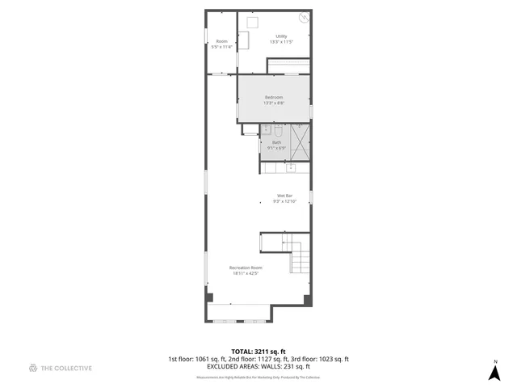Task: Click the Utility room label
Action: pyautogui.click(x=281, y=36)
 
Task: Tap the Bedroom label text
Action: pyautogui.click(x=274, y=97)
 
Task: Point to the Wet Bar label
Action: pyautogui.click(x=284, y=196)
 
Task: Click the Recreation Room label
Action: pyautogui.click(x=246, y=268)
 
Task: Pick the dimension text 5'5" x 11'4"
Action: pyautogui.click(x=221, y=47)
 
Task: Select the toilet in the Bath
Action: pyautogui.click(x=277, y=131)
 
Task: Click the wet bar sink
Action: pyautogui.click(x=290, y=167)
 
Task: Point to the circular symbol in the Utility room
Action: pyautogui.click(x=304, y=18)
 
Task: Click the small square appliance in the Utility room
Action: pyautogui.click(x=253, y=22)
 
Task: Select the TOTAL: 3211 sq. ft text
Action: pyautogui.click(x=258, y=352)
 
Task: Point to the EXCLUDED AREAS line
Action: pyautogui.click(x=258, y=366)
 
